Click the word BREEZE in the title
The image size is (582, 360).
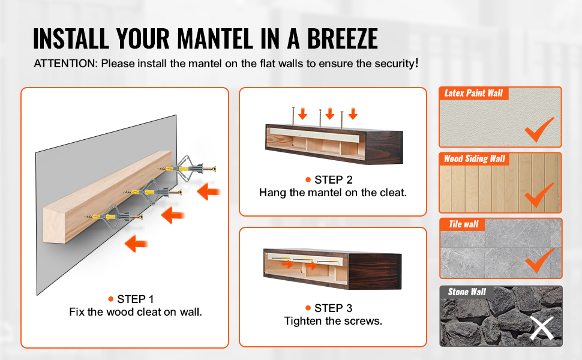tap(342, 38)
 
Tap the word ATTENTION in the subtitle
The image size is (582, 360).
tap(65, 64)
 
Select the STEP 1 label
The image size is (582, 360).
tap(135, 299)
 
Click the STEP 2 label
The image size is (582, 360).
tap(334, 179)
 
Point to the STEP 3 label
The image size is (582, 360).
tap(334, 308)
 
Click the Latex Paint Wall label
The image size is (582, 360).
tap(473, 93)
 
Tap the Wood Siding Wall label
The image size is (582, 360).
tap(475, 159)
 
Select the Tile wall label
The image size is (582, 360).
tap(464, 224)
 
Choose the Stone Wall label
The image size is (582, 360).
tap(467, 292)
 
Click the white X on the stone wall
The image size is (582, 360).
tap(542, 328)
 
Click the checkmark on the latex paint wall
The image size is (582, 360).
tap(539, 129)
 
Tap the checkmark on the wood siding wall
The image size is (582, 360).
tap(539, 195)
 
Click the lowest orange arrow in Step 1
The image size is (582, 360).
tap(136, 244)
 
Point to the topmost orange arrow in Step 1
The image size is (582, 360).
tap(209, 191)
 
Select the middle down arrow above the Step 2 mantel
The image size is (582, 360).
tap(329, 113)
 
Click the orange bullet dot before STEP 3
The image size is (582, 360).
tap(308, 308)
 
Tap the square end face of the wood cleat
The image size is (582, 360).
tap(54, 225)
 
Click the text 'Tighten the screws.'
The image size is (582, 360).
tap(334, 321)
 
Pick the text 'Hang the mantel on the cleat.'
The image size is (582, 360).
tap(334, 193)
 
